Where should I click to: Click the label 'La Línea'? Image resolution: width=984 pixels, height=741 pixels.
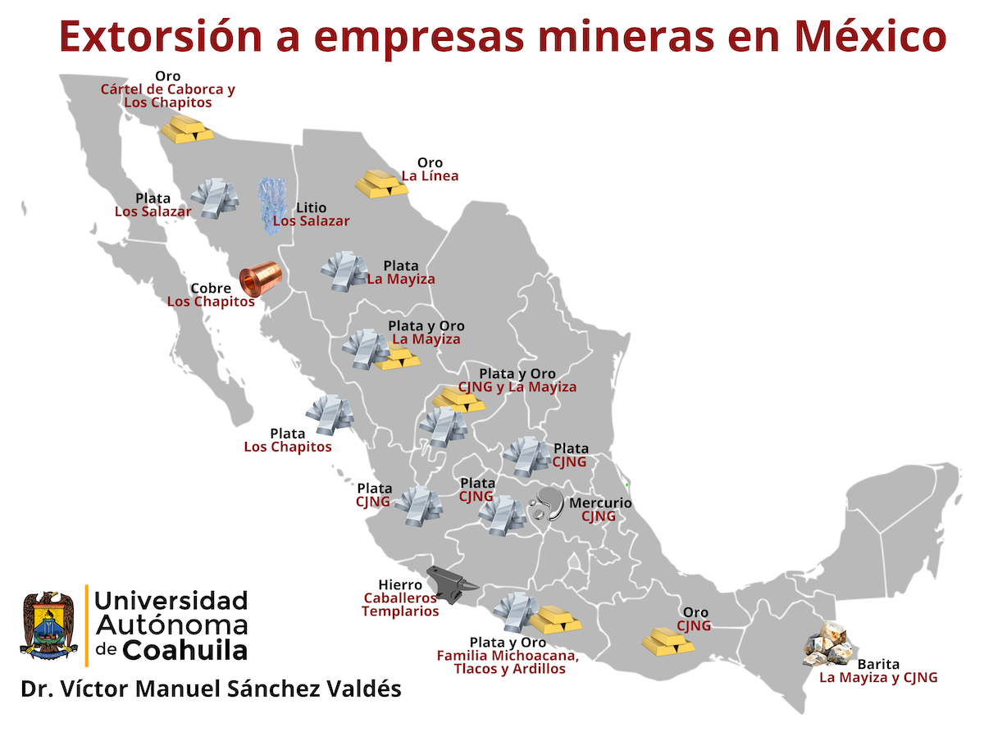(x=430, y=176)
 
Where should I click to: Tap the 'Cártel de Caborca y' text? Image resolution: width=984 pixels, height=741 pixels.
(x=167, y=89)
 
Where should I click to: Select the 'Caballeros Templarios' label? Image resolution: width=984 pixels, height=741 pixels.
(x=400, y=605)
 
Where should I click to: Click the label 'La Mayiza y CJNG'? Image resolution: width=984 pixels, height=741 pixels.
(x=878, y=678)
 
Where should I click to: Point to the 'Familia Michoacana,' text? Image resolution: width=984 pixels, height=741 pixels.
(x=508, y=656)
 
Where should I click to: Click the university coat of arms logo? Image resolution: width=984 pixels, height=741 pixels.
(x=48, y=625)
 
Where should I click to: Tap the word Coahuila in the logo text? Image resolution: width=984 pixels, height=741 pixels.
(x=185, y=650)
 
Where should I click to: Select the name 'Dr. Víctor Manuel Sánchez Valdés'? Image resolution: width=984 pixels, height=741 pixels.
(x=211, y=689)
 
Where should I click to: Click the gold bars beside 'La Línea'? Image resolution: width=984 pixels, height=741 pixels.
(x=381, y=183)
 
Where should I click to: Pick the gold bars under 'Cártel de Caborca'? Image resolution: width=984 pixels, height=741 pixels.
(x=187, y=129)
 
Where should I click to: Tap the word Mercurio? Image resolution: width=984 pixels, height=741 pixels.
(x=600, y=503)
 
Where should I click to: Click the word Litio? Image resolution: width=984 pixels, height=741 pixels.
(x=311, y=208)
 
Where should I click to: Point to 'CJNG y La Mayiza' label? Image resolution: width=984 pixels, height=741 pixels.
(x=517, y=387)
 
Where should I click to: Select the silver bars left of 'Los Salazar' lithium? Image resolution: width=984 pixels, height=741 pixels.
(x=215, y=197)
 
